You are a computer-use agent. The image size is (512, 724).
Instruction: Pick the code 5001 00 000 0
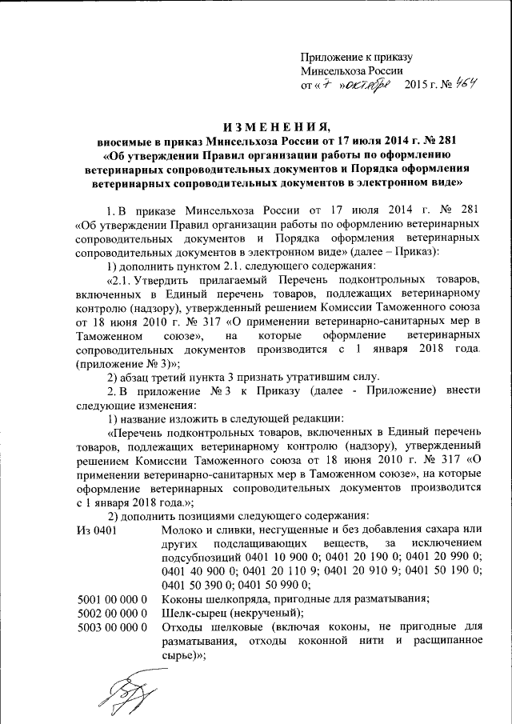pos(112,598)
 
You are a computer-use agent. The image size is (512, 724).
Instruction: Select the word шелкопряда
pos(238,598)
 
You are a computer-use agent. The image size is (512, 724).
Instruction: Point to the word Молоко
pos(182,530)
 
